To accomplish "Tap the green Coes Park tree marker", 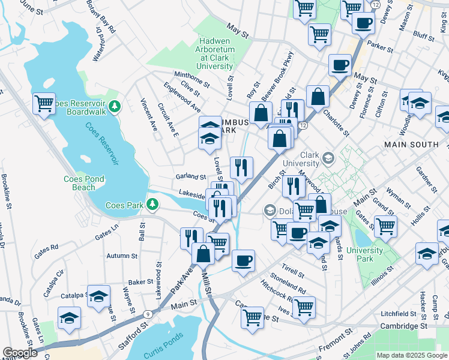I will point(154,205).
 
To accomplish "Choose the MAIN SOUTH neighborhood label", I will point(406,145).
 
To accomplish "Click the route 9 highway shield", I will point(148,314).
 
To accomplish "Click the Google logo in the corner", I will point(20,353).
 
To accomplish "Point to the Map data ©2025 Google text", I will point(412,355).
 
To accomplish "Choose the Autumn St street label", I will point(122,256).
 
